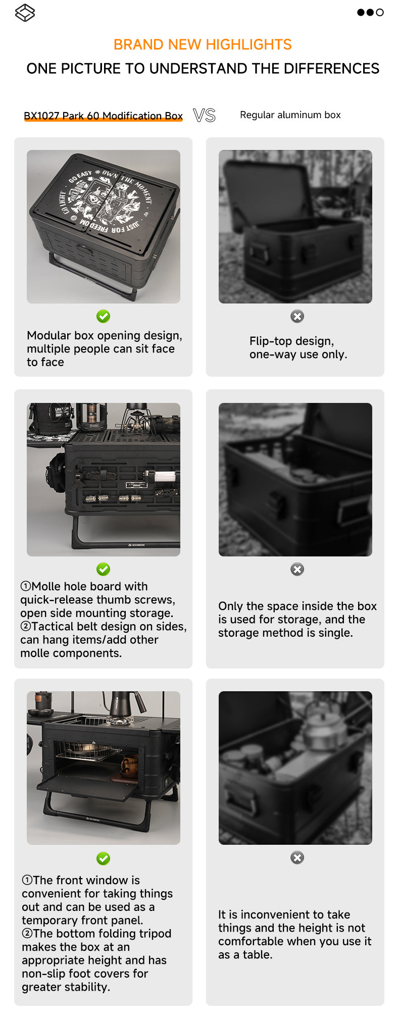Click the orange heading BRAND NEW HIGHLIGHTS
click(203, 44)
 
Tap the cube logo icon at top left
click(25, 13)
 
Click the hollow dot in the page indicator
click(380, 12)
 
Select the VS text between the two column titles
click(204, 116)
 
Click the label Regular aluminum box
click(290, 115)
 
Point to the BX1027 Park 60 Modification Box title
click(103, 116)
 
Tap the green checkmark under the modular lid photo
click(103, 316)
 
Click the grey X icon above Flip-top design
click(297, 316)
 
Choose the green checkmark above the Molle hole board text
click(103, 569)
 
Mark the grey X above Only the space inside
click(297, 569)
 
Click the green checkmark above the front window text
click(103, 858)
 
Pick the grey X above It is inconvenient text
click(297, 857)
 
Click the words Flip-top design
click(291, 341)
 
